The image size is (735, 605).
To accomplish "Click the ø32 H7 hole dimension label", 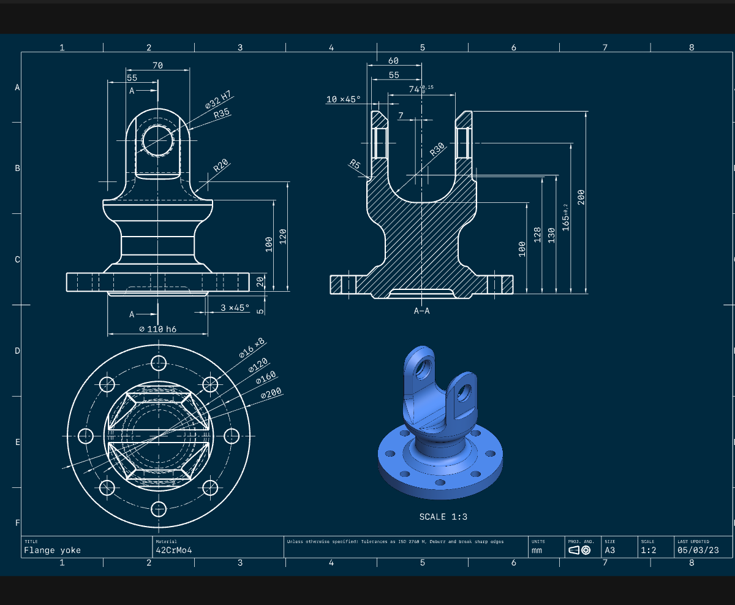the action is (218, 100).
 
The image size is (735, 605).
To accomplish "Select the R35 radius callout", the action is (222, 113).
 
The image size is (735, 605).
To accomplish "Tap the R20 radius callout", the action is (221, 166).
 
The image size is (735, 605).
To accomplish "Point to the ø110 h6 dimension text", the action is (157, 329).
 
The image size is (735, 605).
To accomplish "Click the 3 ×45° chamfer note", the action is (235, 308).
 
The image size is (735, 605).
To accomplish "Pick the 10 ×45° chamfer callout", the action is (343, 99).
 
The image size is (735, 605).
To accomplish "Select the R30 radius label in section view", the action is (437, 149).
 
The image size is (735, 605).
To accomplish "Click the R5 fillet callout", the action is (355, 164).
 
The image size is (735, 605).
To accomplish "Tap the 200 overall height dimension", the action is (581, 197).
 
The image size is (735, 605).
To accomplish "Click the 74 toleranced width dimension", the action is (421, 89).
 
